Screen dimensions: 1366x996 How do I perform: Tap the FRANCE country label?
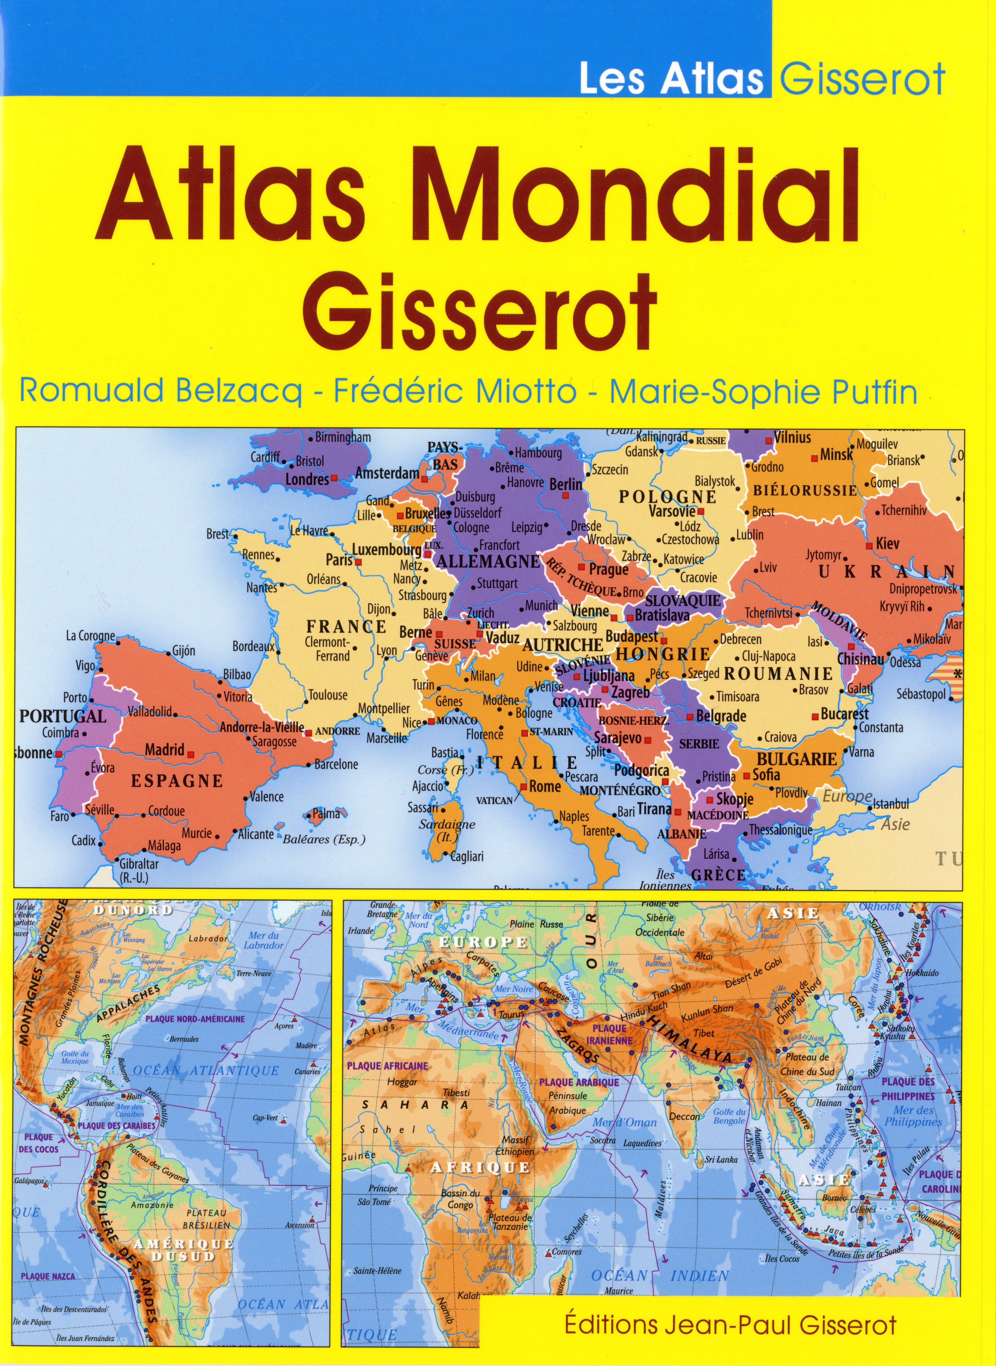pos(346,627)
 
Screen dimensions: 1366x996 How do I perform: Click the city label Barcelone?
pos(336,764)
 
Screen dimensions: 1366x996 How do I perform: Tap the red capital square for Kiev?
pos(869,546)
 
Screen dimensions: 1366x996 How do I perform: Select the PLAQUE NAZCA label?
pos(48,1276)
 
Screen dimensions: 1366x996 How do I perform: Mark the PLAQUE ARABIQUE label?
pos(579,1082)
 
